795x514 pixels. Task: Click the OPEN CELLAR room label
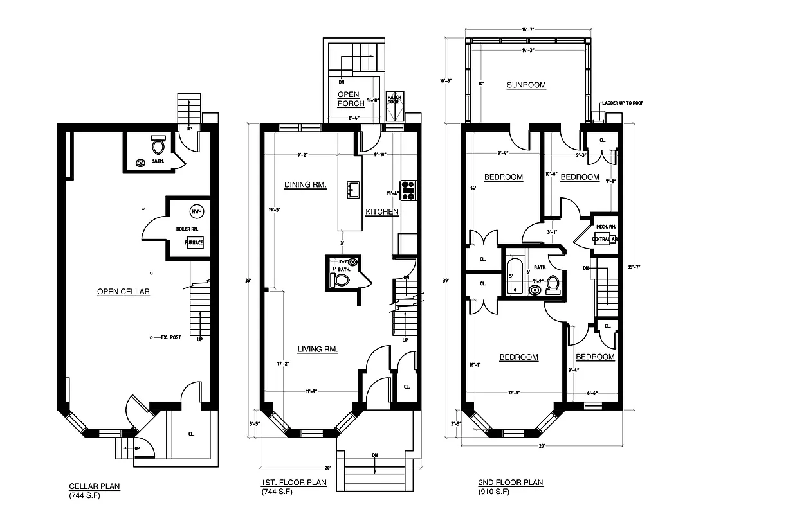pyautogui.click(x=123, y=292)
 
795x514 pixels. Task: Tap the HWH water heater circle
pyautogui.click(x=196, y=212)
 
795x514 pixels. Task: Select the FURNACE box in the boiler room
pyautogui.click(x=195, y=242)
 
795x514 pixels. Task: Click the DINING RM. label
pyautogui.click(x=305, y=185)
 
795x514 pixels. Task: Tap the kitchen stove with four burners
pyautogui.click(x=408, y=190)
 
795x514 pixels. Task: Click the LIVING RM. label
pyautogui.click(x=318, y=350)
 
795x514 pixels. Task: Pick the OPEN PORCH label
pyautogui.click(x=351, y=99)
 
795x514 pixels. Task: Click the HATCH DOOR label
pyautogui.click(x=394, y=100)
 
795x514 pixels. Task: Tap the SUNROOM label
pyautogui.click(x=525, y=85)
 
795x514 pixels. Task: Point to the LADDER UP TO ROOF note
pyautogui.click(x=623, y=102)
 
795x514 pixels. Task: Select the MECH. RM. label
pyautogui.click(x=605, y=227)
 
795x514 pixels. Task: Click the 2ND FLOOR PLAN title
pyautogui.click(x=511, y=483)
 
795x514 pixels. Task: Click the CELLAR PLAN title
pyautogui.click(x=94, y=486)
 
